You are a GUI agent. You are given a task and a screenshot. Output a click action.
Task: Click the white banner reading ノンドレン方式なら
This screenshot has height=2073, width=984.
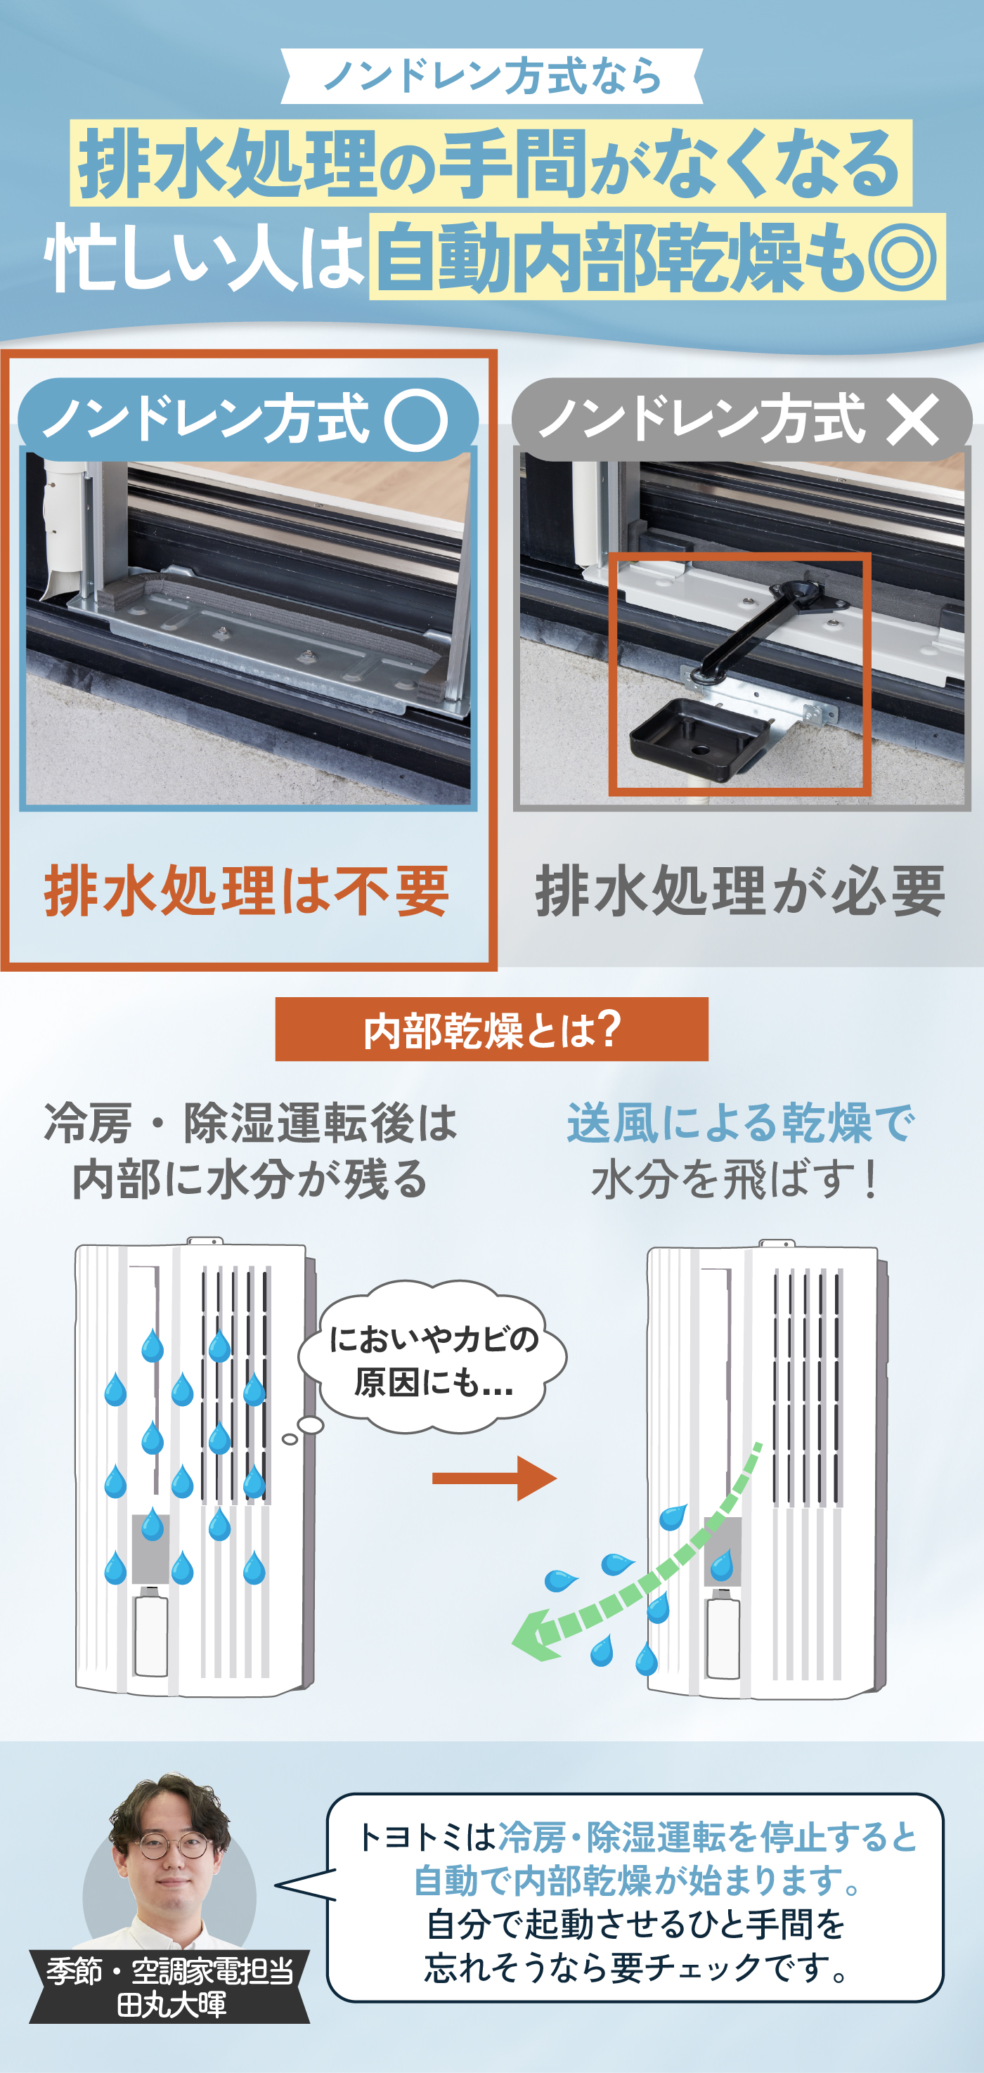[x=491, y=77]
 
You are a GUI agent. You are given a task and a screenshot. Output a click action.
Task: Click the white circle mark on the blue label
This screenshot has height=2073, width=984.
[x=415, y=420]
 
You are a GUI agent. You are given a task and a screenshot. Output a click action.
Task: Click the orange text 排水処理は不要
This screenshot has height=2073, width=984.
[x=246, y=891]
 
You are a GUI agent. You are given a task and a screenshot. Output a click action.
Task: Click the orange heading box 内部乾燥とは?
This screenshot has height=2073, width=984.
[x=491, y=1029]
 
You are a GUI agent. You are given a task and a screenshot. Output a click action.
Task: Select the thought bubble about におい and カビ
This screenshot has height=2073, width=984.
[x=434, y=1360]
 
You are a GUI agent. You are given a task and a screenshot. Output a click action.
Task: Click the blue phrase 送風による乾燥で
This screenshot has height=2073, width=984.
[x=740, y=1124]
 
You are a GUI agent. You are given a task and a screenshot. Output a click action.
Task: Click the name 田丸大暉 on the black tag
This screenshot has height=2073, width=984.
[x=171, y=2005]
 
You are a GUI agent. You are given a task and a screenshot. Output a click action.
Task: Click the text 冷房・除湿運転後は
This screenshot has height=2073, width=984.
[x=250, y=1124]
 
